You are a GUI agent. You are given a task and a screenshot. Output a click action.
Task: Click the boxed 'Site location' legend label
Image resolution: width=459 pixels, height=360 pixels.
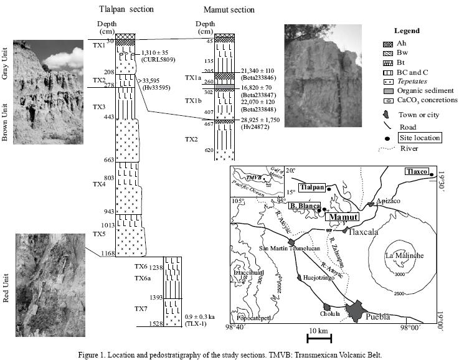tap(420, 138)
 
